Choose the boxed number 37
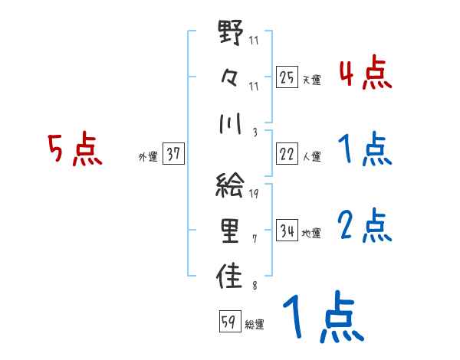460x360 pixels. point(173,154)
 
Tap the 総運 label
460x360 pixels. point(255,324)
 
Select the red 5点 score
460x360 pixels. point(74,150)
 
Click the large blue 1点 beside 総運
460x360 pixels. point(322,319)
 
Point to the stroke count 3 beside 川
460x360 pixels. point(254,132)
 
